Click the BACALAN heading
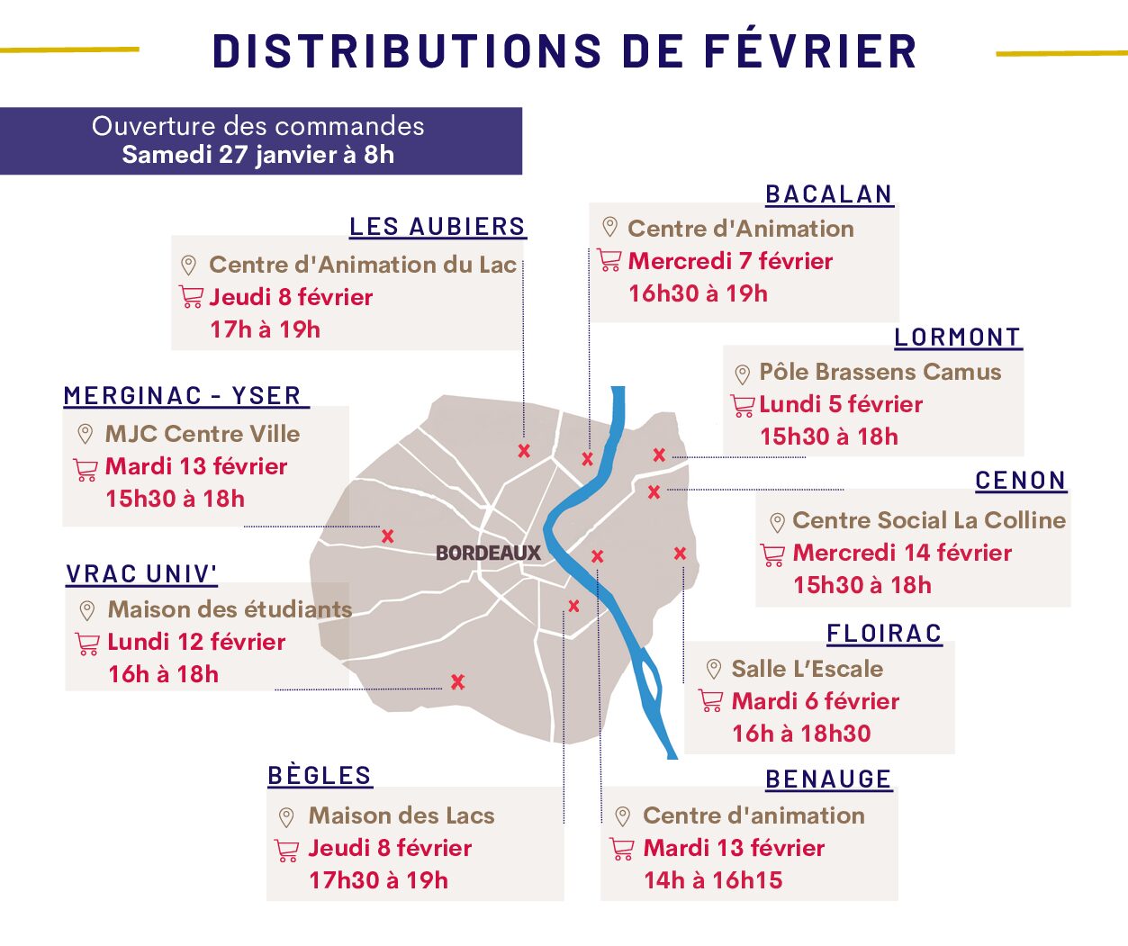(828, 194)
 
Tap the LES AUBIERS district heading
(437, 227)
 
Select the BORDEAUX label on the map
(488, 553)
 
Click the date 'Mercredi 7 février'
(730, 261)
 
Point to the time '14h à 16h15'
(713, 880)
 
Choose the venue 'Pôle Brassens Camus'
(880, 372)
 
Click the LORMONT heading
(957, 338)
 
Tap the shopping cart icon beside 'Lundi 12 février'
(87, 644)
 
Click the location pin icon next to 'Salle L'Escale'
(713, 669)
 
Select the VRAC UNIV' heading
(141, 574)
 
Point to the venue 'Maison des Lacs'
(402, 815)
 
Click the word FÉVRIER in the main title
(809, 51)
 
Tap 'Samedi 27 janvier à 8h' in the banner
(258, 155)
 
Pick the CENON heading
(1020, 481)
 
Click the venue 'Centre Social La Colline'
(929, 520)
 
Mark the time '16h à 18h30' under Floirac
(801, 734)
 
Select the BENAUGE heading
(828, 779)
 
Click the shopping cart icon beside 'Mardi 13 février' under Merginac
(86, 469)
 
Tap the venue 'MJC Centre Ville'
(203, 434)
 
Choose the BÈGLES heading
(320, 776)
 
